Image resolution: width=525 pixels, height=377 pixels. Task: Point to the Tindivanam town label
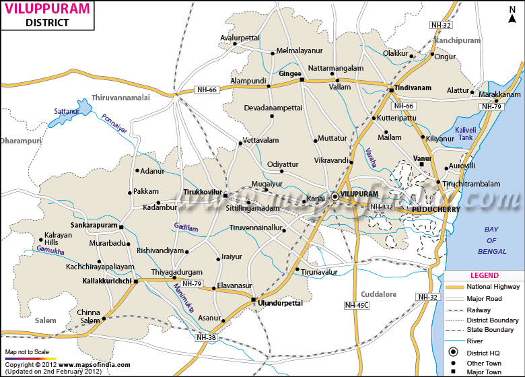point(411,88)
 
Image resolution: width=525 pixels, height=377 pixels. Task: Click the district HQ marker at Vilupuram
point(335,197)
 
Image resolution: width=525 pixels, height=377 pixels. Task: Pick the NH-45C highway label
point(357,305)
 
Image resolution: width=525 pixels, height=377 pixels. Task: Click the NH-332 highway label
point(382,206)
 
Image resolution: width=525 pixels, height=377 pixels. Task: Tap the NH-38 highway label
point(206,337)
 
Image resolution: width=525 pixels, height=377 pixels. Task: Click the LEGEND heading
point(484,275)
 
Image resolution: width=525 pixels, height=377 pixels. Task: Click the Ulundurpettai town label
point(280,304)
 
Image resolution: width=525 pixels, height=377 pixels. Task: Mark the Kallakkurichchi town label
point(106,281)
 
